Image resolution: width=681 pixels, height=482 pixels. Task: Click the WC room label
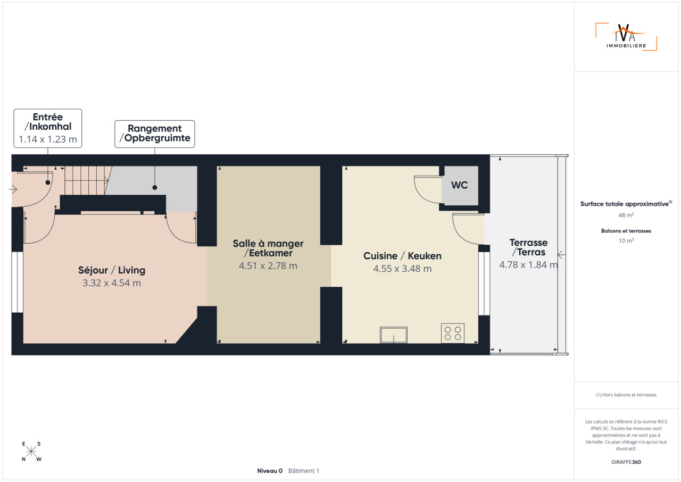[x=459, y=185]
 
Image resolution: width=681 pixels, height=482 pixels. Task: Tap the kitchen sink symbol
[x=393, y=335]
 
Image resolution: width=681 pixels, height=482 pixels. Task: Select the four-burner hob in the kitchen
[x=453, y=333]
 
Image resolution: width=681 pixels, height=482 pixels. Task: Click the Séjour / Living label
[x=112, y=270]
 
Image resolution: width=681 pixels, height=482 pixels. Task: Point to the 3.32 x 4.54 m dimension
[x=112, y=283]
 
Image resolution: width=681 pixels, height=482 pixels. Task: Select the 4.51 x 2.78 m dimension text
[x=268, y=266]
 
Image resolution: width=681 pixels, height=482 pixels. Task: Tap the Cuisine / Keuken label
[x=402, y=256]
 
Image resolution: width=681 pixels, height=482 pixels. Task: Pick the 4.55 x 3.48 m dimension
[x=402, y=269]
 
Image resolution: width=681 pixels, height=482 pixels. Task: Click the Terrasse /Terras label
[x=528, y=247]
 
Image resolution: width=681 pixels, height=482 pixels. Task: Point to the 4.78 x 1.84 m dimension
[x=528, y=265]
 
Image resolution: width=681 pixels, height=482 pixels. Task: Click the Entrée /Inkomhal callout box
[x=48, y=128]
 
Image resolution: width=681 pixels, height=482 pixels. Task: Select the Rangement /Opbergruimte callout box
[x=155, y=134]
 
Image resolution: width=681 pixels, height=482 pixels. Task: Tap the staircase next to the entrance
[x=87, y=180]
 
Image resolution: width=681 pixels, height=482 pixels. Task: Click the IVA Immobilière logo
[x=626, y=37]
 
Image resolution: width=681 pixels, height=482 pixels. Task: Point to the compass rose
[x=31, y=452]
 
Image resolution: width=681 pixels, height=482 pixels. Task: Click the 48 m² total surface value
[x=626, y=215]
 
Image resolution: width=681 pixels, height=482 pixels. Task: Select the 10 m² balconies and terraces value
[x=626, y=240]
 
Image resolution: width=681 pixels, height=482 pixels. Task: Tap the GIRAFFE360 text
[x=626, y=462]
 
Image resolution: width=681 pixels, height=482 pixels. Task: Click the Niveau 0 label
[x=270, y=471]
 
